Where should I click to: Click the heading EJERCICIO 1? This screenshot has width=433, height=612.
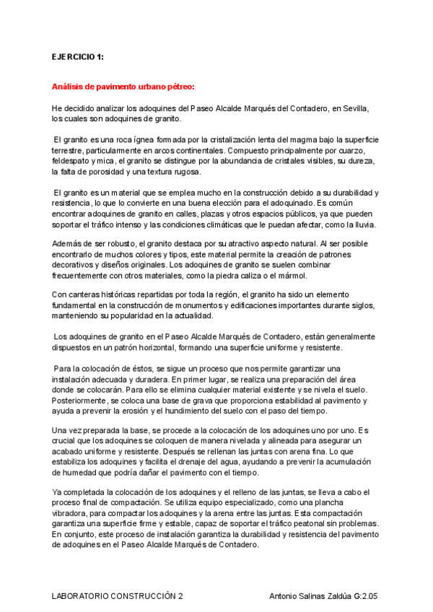[79, 56]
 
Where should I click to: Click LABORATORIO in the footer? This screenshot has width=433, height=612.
[84, 597]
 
